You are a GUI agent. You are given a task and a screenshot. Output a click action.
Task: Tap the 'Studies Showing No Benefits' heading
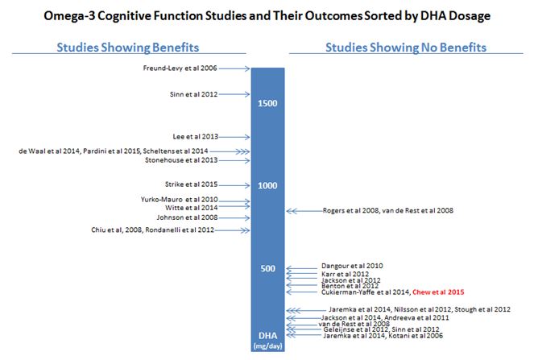[x=405, y=48]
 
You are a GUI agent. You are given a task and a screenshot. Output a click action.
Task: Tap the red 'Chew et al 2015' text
[x=440, y=292]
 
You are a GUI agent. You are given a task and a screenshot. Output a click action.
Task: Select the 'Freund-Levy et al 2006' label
[x=179, y=69]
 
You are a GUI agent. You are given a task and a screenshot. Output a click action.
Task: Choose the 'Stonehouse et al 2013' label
[x=181, y=159]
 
